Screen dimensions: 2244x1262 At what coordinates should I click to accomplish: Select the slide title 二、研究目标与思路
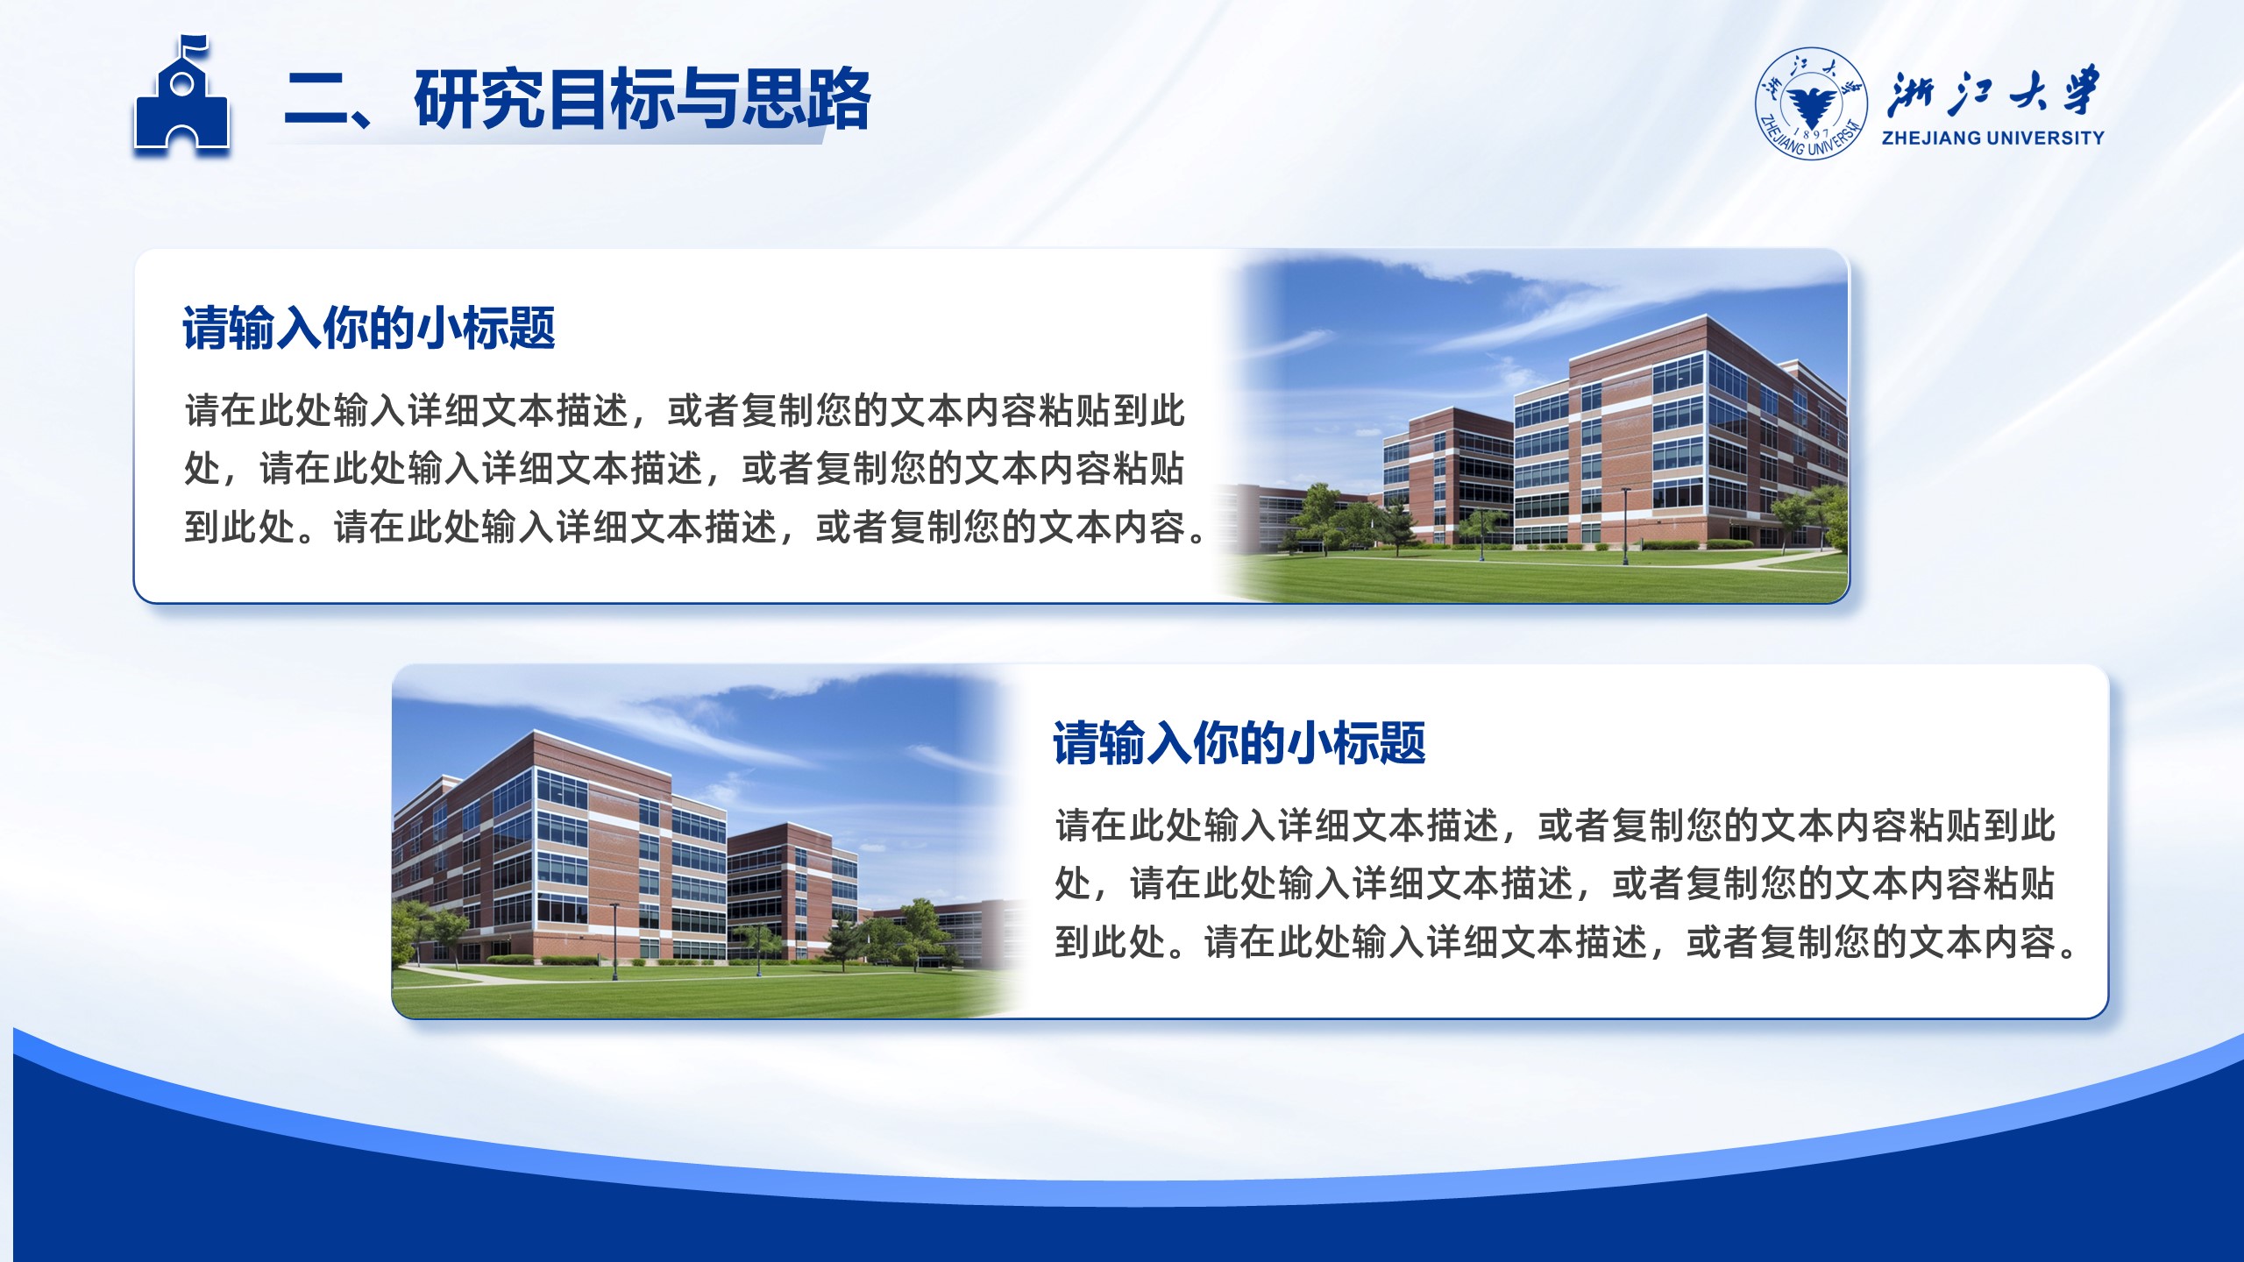[x=577, y=99]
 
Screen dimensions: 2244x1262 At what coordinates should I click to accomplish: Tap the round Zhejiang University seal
[x=1811, y=104]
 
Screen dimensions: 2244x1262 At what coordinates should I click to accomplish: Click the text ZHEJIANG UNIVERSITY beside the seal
[x=1992, y=138]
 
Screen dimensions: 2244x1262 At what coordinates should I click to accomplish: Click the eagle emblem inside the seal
[x=1811, y=107]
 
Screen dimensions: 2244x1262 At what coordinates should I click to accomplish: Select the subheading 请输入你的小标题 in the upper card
[x=369, y=329]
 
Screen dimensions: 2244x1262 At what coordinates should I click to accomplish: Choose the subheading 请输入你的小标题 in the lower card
[x=1239, y=744]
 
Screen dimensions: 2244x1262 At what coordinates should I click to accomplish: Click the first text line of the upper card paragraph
[x=685, y=410]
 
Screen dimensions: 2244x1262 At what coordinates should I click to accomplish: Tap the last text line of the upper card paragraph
[x=698, y=528]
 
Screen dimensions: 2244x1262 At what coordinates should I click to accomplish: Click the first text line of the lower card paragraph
[x=1555, y=826]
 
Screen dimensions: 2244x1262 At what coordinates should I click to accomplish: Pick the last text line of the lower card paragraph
[x=1568, y=943]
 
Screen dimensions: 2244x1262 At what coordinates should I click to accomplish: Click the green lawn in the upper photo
[x=1543, y=578]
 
